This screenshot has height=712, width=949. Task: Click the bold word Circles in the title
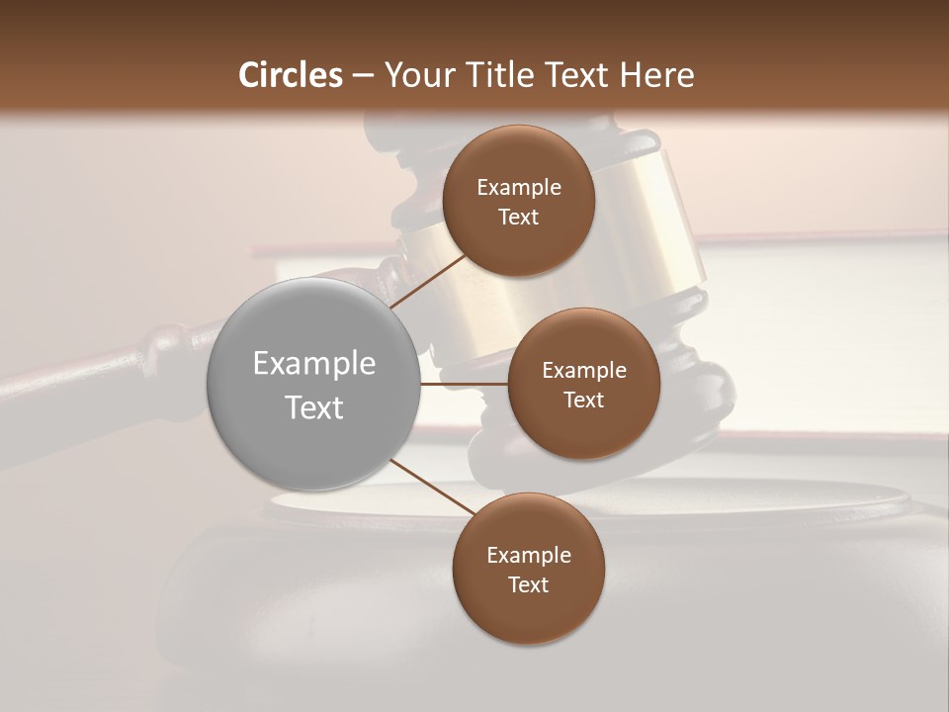click(291, 75)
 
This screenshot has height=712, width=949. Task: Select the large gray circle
click(313, 384)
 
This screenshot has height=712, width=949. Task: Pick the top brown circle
click(518, 200)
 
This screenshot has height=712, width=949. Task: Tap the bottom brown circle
click(528, 568)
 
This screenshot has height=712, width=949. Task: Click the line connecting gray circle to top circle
click(429, 282)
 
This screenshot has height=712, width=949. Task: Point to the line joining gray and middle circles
click(464, 384)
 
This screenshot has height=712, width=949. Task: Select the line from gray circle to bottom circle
click(432, 488)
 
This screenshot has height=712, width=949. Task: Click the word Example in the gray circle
click(314, 364)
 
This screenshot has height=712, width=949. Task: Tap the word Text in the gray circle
click(314, 407)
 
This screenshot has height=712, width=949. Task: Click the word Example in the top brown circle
click(519, 188)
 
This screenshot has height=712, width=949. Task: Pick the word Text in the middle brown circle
click(583, 400)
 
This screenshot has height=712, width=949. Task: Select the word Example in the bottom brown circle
click(529, 555)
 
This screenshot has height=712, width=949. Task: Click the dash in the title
click(363, 75)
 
